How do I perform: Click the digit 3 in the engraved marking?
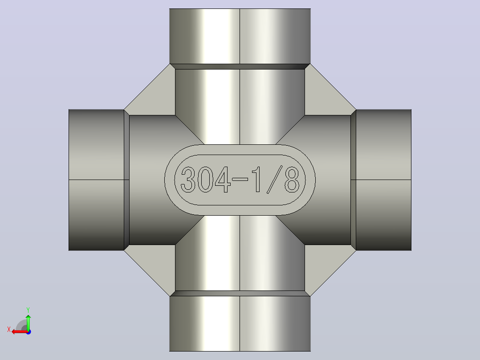click(x=188, y=180)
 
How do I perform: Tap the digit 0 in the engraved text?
click(x=205, y=180)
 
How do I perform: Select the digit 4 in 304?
click(x=223, y=180)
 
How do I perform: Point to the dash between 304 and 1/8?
click(x=240, y=180)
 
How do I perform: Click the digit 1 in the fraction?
click(x=256, y=180)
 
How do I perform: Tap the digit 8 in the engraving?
click(x=292, y=180)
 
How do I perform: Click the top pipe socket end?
click(x=240, y=36)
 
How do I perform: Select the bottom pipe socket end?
click(x=240, y=323)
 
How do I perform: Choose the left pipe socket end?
click(x=96, y=180)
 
